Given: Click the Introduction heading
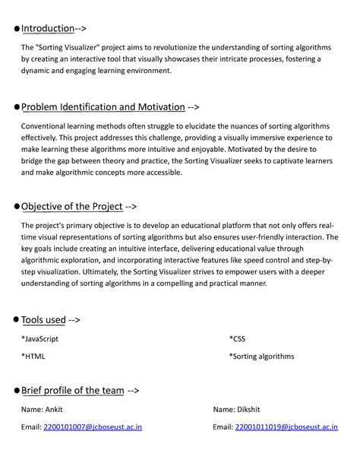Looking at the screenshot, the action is click(x=48, y=29).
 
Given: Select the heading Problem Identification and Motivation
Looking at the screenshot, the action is click(x=103, y=107).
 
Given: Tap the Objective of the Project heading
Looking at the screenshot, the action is click(x=71, y=206).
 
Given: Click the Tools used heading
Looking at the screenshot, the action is click(x=43, y=320).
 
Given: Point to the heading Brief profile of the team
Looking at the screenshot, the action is click(x=72, y=390).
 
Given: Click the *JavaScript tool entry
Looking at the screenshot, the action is click(x=39, y=339).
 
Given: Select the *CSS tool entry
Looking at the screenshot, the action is click(x=237, y=339).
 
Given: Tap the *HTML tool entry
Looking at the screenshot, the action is click(x=33, y=356).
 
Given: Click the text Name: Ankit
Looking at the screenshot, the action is click(x=42, y=410).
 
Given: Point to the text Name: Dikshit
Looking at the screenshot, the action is click(x=236, y=410).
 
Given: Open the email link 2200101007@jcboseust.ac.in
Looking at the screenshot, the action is click(x=92, y=427).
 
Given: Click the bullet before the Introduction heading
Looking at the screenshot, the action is click(x=15, y=30).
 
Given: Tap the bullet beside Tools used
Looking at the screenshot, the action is click(x=15, y=321).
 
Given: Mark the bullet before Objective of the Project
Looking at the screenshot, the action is click(x=15, y=207).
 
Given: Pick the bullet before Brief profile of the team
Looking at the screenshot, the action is click(x=15, y=391).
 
